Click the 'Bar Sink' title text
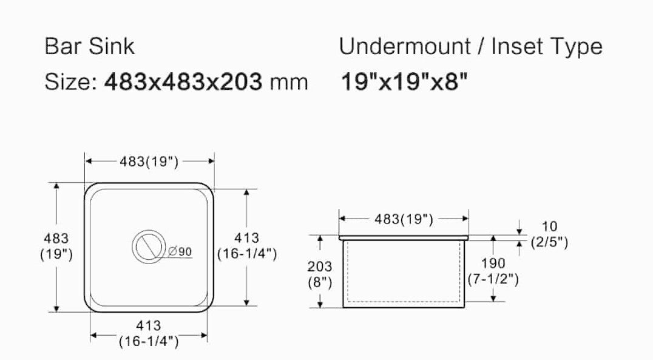pyautogui.click(x=90, y=47)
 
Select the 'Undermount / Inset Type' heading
pyautogui.click(x=470, y=47)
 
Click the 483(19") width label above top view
pyautogui.click(x=149, y=161)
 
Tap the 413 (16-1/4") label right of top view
pyautogui.click(x=247, y=246)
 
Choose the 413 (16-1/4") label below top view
pyautogui.click(x=149, y=334)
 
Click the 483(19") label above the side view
pyautogui.click(x=403, y=219)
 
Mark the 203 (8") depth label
pyautogui.click(x=320, y=274)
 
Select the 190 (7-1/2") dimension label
pyautogui.click(x=492, y=271)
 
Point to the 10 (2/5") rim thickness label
pyautogui.click(x=549, y=235)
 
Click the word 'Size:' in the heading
pyautogui.click(x=70, y=81)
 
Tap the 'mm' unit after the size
pyautogui.click(x=289, y=81)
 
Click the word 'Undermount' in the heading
pyautogui.click(x=405, y=47)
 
